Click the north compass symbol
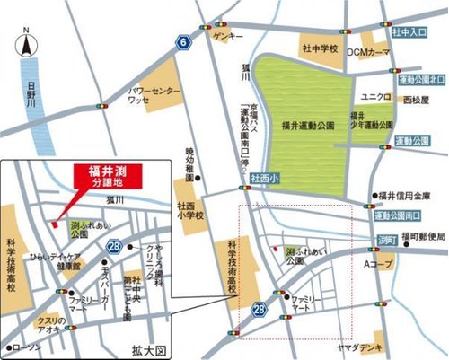[26, 45]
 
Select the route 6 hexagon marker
[182, 43]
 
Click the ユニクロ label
[373, 96]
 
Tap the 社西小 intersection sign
[265, 178]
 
